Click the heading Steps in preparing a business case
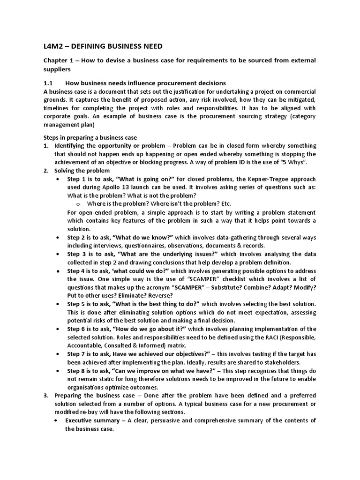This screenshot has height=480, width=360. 90,137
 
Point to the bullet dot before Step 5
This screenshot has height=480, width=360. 57,304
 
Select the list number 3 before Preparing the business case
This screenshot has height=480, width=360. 46,395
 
